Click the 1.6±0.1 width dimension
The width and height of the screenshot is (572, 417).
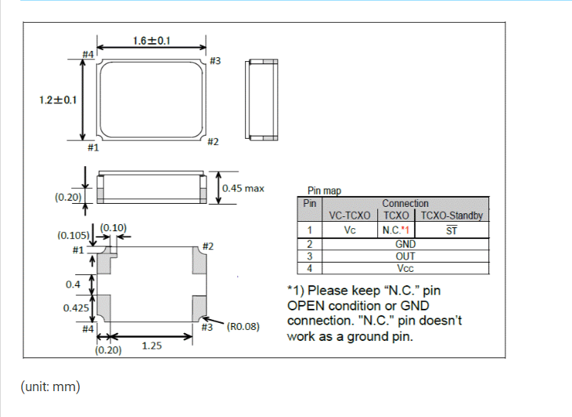tap(152, 40)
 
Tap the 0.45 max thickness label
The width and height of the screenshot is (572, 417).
tap(243, 188)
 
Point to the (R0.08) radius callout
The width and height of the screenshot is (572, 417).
tap(243, 327)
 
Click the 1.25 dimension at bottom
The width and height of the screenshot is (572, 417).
tap(152, 345)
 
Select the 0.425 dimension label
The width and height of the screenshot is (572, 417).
tap(75, 308)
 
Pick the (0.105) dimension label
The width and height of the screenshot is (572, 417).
tap(73, 235)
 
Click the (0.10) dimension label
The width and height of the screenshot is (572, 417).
tap(113, 227)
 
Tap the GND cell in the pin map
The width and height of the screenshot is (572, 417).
tap(405, 244)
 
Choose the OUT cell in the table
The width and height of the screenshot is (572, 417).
tap(405, 256)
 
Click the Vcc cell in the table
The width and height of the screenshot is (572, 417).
tap(405, 267)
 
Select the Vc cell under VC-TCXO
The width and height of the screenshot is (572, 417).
tap(350, 230)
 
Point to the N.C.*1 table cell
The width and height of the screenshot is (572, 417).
tap(396, 230)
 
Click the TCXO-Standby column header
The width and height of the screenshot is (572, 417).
tap(451, 216)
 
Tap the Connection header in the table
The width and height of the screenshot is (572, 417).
tap(405, 204)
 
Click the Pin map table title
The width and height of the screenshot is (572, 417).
tap(324, 190)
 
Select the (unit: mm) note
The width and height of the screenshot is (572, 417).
tap(50, 387)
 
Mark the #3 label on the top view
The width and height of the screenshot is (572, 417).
tap(215, 60)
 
